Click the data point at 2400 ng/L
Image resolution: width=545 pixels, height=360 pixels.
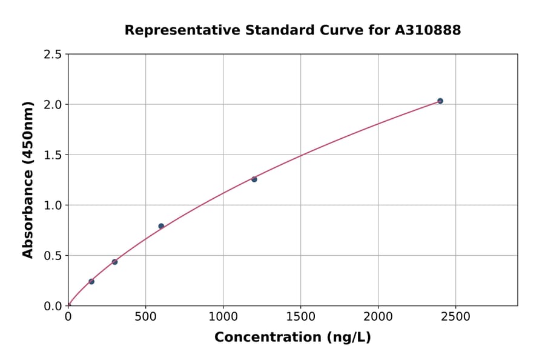[x=440, y=101]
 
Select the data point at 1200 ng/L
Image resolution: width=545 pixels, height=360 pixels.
[x=254, y=179]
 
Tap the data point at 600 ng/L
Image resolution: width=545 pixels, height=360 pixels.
[x=161, y=226]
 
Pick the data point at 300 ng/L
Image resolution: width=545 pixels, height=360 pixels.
[x=114, y=262]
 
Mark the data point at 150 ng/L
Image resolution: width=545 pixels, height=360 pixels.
[x=91, y=281]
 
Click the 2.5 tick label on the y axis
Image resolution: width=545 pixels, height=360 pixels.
[x=53, y=54]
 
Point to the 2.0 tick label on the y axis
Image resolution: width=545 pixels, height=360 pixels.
[x=53, y=104]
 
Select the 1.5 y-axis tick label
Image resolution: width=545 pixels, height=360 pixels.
[x=53, y=155]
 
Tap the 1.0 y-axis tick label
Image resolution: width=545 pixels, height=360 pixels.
[x=53, y=205]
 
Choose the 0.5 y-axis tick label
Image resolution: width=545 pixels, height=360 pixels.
[x=53, y=255]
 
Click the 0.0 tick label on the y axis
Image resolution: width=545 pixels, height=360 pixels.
[x=53, y=305]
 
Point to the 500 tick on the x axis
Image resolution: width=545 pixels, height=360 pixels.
[x=145, y=317]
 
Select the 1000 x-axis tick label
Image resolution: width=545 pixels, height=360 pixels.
[x=223, y=317]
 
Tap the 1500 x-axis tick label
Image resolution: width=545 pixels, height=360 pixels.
[x=300, y=317]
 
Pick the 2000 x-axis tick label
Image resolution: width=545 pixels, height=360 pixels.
[x=378, y=317]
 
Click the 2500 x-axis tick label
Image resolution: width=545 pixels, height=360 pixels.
[x=455, y=317]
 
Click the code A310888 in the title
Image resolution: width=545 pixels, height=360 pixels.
[x=428, y=30]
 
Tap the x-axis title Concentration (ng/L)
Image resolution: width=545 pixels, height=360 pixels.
[x=292, y=337]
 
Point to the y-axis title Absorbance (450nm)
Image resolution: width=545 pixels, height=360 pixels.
[x=28, y=179]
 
